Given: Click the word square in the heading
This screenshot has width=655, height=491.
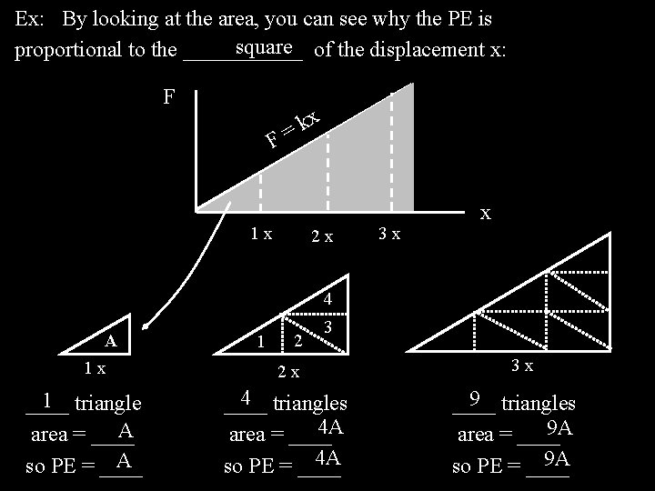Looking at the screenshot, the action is tap(262, 45).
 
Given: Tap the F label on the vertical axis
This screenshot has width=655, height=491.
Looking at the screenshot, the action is tap(168, 96).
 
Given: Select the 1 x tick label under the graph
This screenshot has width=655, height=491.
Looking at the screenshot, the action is tap(261, 234).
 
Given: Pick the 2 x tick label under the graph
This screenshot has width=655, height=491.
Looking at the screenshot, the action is tap(321, 236).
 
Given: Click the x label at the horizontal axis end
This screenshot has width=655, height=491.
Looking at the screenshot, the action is tap(486, 213).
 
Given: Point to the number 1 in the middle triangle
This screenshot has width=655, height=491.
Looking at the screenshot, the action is tap(261, 342).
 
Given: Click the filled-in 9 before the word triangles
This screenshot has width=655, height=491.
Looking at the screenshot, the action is tap(474, 398).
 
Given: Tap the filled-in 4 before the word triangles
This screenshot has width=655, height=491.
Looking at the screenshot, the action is tap(246, 398).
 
